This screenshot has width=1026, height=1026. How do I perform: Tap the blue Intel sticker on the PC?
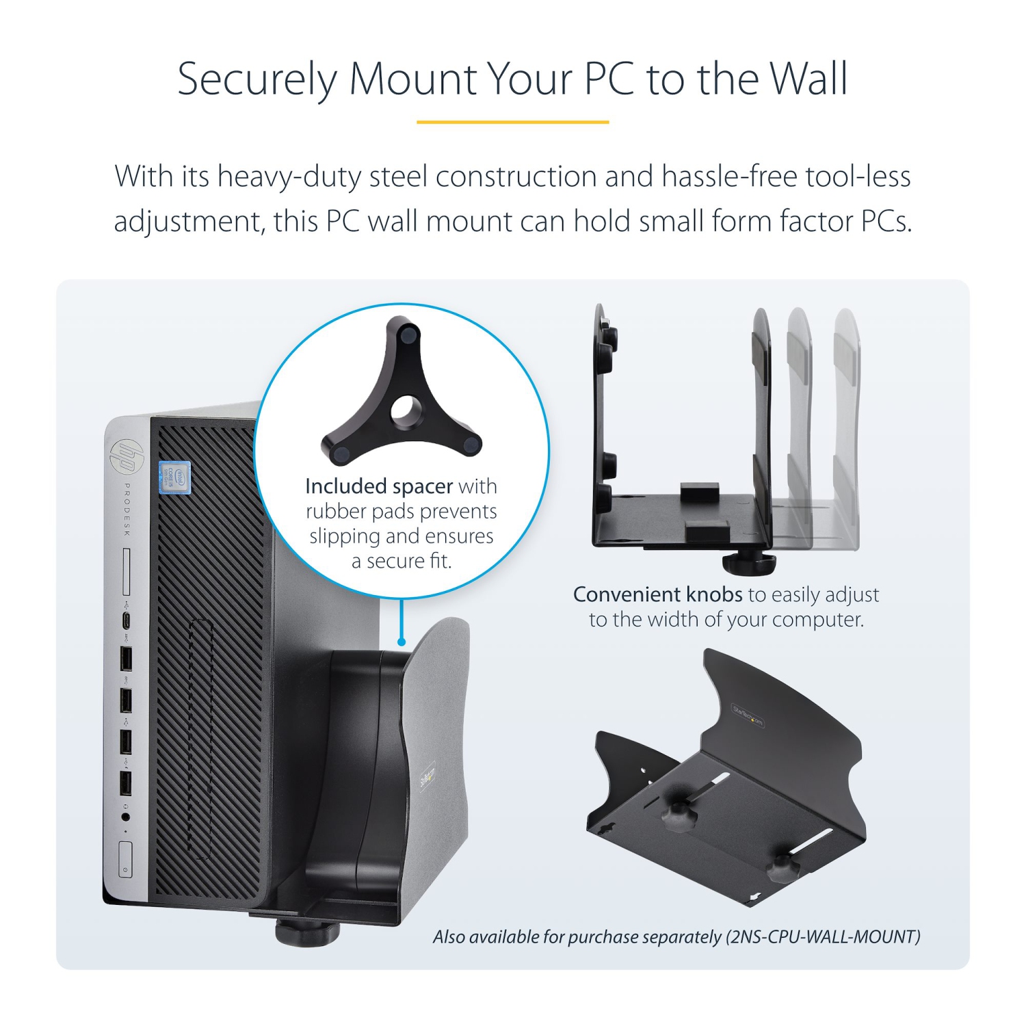coord(174,477)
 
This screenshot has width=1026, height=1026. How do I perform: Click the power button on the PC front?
coord(125,860)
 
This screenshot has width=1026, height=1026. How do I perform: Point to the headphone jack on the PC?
coord(125,816)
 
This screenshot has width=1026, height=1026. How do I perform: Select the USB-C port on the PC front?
coord(126,620)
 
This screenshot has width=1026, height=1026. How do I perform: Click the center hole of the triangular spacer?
coord(404,409)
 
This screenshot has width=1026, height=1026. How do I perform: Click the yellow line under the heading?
coord(512,122)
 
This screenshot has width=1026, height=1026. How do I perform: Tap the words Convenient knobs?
coord(657,594)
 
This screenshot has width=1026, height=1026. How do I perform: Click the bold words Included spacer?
coord(378,486)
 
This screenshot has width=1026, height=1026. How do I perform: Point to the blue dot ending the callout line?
coord(402,642)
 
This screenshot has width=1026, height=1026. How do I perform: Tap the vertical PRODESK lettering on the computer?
coord(127,509)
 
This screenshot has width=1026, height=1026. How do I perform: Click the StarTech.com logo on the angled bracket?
coord(748,715)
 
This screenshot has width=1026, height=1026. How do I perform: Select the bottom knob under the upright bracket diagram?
coord(750,564)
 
